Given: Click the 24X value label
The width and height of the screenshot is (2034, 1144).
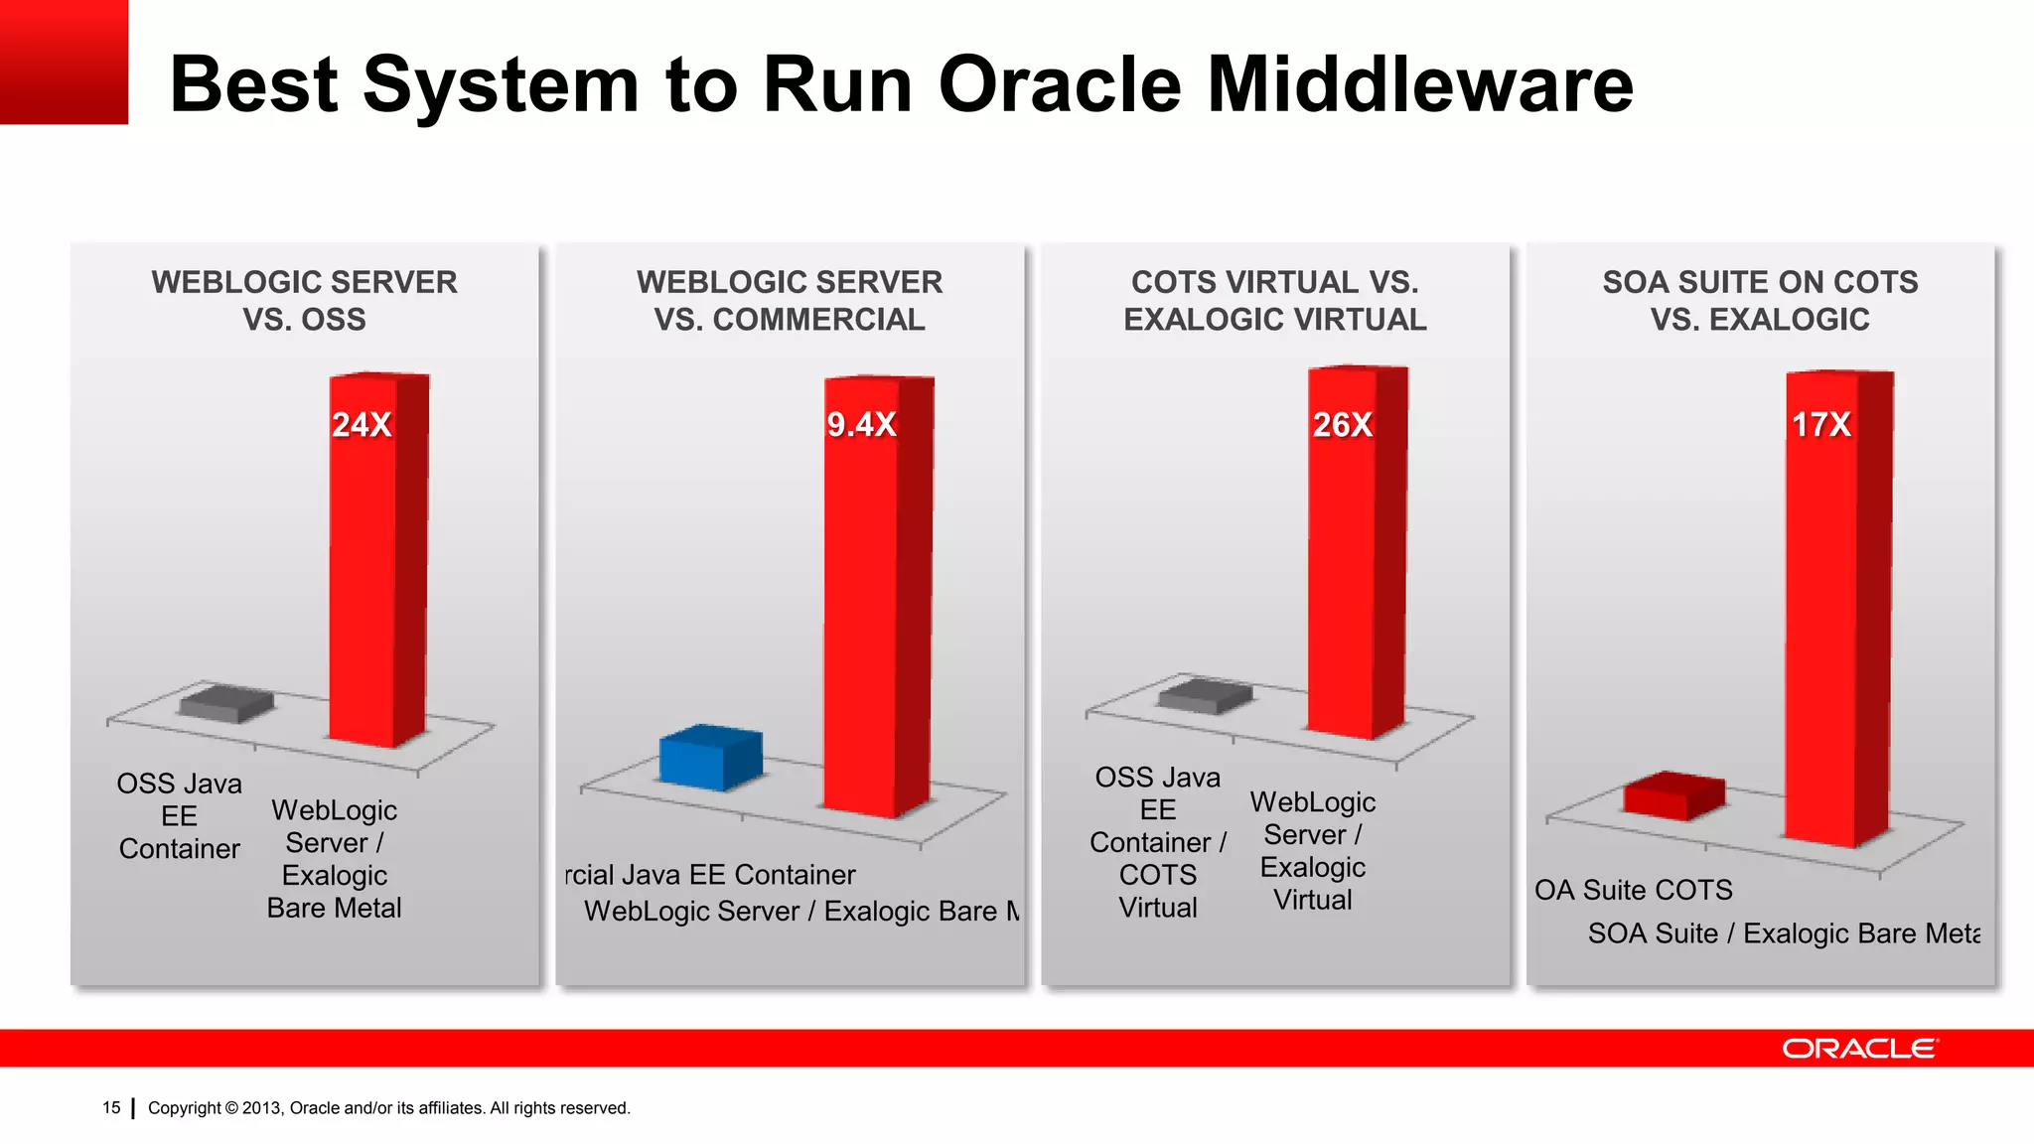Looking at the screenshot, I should pyautogui.click(x=362, y=425).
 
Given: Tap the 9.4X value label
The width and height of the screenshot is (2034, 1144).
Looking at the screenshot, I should pyautogui.click(x=861, y=425).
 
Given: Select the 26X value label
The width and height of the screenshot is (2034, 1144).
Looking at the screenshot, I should pyautogui.click(x=1342, y=425).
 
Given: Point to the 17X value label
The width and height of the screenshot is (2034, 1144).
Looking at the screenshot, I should pyautogui.click(x=1820, y=425).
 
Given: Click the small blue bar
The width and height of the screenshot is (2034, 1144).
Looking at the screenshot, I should pyautogui.click(x=709, y=759).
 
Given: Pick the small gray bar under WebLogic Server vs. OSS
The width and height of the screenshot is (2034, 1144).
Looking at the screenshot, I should pyautogui.click(x=226, y=703).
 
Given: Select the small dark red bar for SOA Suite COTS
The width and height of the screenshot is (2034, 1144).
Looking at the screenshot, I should pyautogui.click(x=1673, y=796).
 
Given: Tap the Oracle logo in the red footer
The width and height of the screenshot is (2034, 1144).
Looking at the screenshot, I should pyautogui.click(x=1858, y=1049).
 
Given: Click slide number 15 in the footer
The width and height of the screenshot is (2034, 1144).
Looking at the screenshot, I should pyautogui.click(x=111, y=1107).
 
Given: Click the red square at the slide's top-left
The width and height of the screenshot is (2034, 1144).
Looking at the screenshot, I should pyautogui.click(x=64, y=62).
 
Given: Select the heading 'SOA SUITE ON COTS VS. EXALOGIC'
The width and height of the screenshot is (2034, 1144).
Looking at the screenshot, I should pyautogui.click(x=1760, y=301).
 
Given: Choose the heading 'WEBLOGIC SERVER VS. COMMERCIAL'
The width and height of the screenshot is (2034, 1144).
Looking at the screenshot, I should pyautogui.click(x=790, y=301).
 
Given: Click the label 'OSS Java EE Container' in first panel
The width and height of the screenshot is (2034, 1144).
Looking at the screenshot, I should pyautogui.click(x=180, y=816).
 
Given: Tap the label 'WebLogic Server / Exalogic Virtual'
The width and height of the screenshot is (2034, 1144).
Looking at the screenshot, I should pyautogui.click(x=1312, y=851).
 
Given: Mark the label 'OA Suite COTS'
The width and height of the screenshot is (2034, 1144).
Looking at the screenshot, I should pyautogui.click(x=1633, y=890).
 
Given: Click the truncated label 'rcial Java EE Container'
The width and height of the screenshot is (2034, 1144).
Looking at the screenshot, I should pyautogui.click(x=710, y=875).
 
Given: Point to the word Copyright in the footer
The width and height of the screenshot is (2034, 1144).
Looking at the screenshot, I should pyautogui.click(x=185, y=1108).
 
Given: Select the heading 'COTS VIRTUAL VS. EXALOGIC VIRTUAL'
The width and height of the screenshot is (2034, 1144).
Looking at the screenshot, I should pyautogui.click(x=1274, y=301).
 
